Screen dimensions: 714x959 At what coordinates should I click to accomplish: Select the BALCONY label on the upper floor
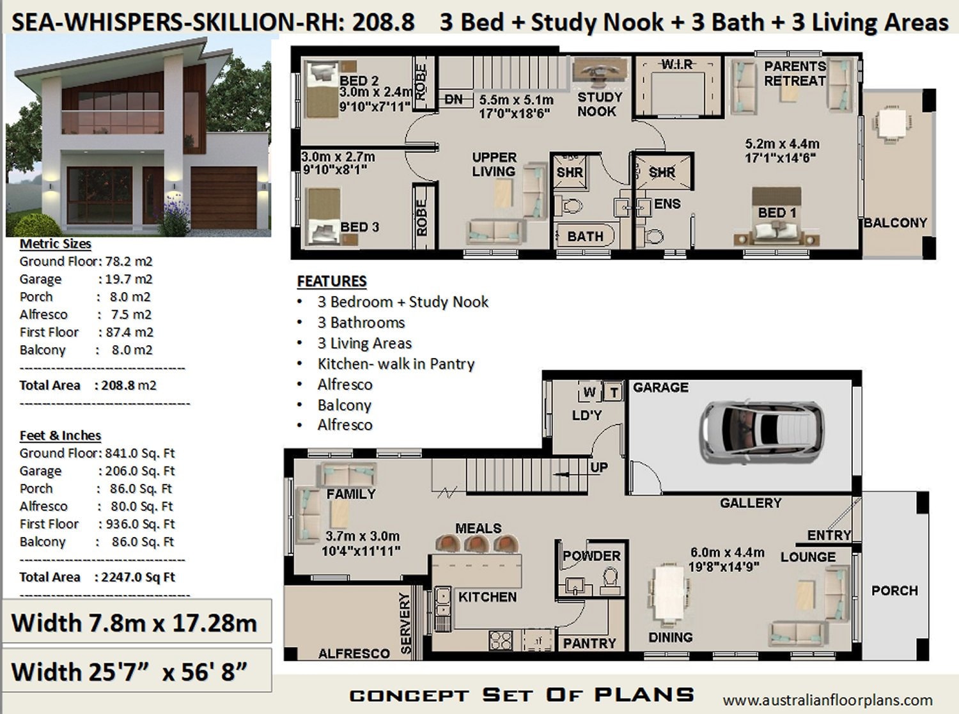895,223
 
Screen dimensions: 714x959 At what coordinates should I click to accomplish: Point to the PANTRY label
589,643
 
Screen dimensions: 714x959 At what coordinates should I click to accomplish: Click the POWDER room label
591,556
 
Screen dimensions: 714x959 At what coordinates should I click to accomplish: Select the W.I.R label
676,65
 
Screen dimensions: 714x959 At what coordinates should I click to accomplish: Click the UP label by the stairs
598,467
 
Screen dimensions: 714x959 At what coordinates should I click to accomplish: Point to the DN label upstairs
453,99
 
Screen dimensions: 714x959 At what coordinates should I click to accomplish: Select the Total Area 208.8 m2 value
129,385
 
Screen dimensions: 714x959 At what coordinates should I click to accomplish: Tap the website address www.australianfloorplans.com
827,700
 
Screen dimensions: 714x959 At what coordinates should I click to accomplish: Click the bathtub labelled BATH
584,236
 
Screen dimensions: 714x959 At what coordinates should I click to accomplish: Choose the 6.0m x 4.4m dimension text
727,552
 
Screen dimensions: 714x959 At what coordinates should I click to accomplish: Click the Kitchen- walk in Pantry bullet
396,364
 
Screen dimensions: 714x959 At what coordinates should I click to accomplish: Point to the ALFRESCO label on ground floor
354,653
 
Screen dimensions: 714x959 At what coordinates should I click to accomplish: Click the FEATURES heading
331,281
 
